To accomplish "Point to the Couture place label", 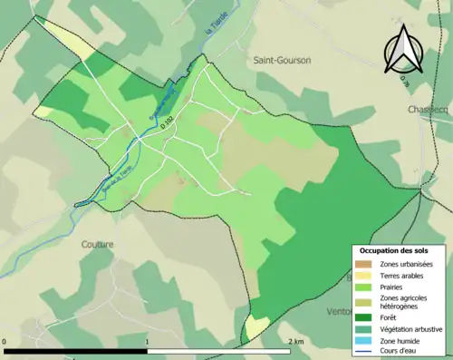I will click(x=96, y=243).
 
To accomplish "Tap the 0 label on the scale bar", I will click(x=5, y=342).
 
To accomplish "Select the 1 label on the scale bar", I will click(x=148, y=342).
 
